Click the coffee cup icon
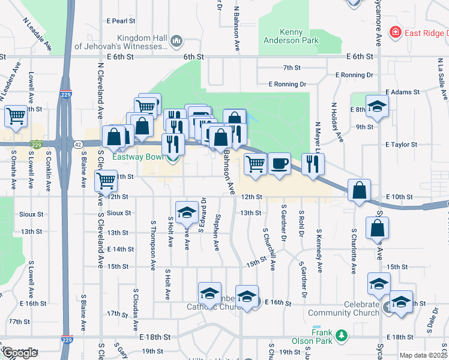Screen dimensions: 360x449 [279, 163]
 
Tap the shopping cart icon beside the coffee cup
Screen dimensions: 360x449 [256, 163]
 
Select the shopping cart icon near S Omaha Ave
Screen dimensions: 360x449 [16, 116]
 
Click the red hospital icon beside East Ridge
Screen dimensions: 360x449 [395, 32]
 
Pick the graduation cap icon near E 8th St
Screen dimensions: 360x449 [377, 105]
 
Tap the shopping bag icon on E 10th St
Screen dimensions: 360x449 [359, 190]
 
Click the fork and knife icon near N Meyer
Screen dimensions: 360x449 [312, 163]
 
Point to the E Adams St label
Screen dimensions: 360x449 [401, 92]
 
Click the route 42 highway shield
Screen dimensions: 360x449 [79, 144]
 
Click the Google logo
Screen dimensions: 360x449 [20, 353]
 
